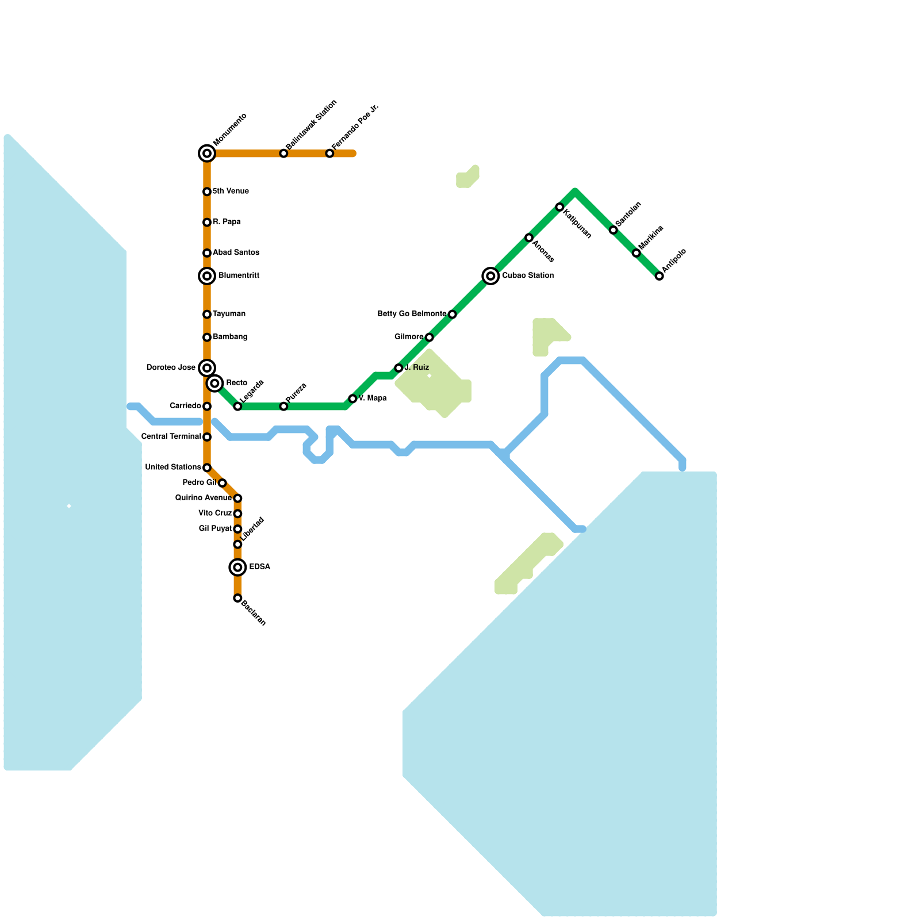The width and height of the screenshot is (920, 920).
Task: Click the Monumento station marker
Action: [207, 154]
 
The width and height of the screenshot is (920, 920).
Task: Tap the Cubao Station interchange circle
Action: [490, 276]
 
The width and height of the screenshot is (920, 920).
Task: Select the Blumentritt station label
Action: [239, 276]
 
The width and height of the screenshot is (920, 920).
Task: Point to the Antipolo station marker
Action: [660, 276]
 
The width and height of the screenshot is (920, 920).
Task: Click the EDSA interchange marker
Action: [237, 568]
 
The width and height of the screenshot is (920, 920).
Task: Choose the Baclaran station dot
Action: [237, 598]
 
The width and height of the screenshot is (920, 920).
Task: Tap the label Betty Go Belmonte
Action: [412, 314]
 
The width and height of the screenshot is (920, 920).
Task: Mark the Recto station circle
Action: [214, 383]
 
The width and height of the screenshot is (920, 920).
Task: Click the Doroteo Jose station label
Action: [171, 368]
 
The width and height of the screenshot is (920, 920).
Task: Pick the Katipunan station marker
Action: [559, 207]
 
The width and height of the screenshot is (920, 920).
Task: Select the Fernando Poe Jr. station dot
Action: [329, 154]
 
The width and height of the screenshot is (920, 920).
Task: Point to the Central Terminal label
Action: [171, 437]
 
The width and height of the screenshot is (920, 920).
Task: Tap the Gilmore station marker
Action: [429, 337]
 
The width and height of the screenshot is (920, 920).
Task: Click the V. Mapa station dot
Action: [352, 398]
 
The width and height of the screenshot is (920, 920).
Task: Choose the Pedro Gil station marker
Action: [222, 483]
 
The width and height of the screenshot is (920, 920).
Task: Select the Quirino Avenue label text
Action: [204, 498]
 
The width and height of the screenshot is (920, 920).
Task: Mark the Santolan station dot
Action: [614, 230]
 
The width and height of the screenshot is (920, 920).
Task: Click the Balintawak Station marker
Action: [283, 154]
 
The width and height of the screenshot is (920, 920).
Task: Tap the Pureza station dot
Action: [283, 407]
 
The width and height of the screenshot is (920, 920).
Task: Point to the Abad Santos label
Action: [236, 253]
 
